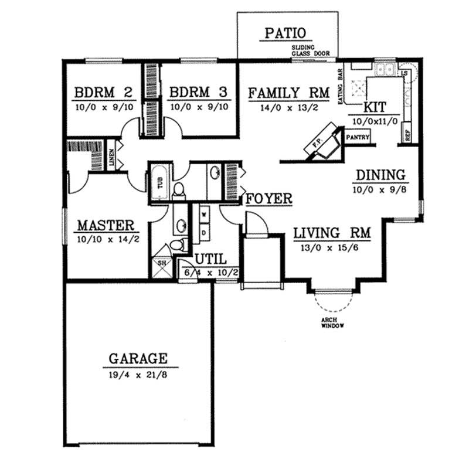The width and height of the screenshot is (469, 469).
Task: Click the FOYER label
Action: click(269, 199)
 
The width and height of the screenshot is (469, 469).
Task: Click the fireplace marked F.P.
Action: click(321, 142)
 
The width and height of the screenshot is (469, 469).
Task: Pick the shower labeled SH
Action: click(162, 263)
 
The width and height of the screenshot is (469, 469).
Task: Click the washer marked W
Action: click(204, 215)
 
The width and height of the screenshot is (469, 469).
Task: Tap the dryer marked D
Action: click(204, 233)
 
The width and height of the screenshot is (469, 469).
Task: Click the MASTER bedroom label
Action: click(107, 225)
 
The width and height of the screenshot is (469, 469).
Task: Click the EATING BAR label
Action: click(341, 89)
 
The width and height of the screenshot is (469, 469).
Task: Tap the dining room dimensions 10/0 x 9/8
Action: click(379, 189)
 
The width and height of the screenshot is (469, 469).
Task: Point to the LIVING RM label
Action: click(332, 233)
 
